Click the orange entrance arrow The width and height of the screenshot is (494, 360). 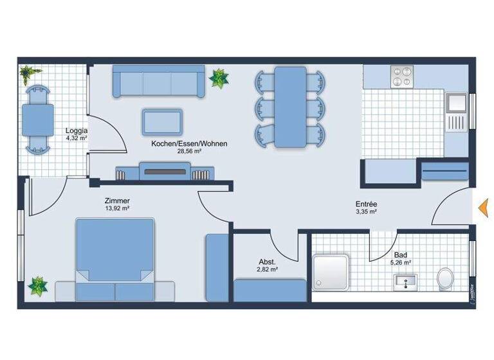(x=482, y=207)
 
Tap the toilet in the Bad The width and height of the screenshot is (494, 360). (x=445, y=279)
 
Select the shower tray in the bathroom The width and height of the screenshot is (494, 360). (x=331, y=272)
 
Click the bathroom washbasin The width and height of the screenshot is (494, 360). (x=405, y=281)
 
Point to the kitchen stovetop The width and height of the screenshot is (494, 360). (x=403, y=77)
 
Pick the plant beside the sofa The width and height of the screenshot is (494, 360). (x=219, y=78)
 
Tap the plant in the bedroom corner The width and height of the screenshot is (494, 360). (x=38, y=285)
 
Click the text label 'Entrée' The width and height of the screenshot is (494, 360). (x=365, y=203)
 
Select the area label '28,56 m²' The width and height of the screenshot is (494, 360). (x=189, y=152)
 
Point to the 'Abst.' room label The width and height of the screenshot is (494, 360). (x=268, y=262)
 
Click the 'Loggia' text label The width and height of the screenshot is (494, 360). (x=76, y=130)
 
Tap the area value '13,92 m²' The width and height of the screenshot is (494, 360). (x=118, y=209)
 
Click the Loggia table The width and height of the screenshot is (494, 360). (x=38, y=120)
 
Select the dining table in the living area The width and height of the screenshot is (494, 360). (x=290, y=107)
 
